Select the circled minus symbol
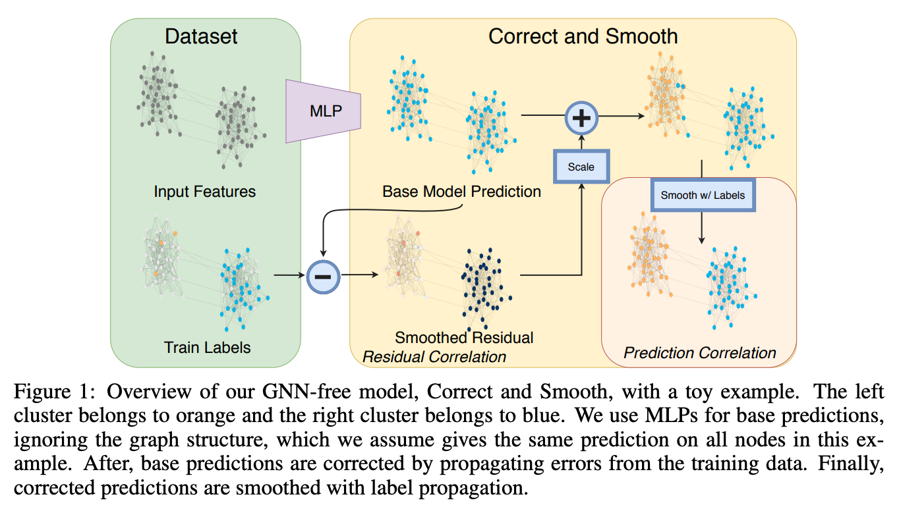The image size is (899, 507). (x=323, y=275)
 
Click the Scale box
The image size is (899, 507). (x=581, y=167)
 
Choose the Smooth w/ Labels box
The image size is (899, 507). (x=703, y=196)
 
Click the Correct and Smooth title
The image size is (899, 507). (x=583, y=36)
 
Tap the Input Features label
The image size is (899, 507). (x=204, y=192)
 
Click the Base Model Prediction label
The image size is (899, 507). (x=461, y=192)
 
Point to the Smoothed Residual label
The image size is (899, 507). (x=464, y=338)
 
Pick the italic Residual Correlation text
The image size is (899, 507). (x=435, y=356)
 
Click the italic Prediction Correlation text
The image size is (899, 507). (x=700, y=353)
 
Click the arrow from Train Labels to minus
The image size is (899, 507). (x=288, y=275)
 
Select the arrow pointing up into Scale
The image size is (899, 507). (x=581, y=224)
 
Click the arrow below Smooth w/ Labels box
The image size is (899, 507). (x=703, y=227)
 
